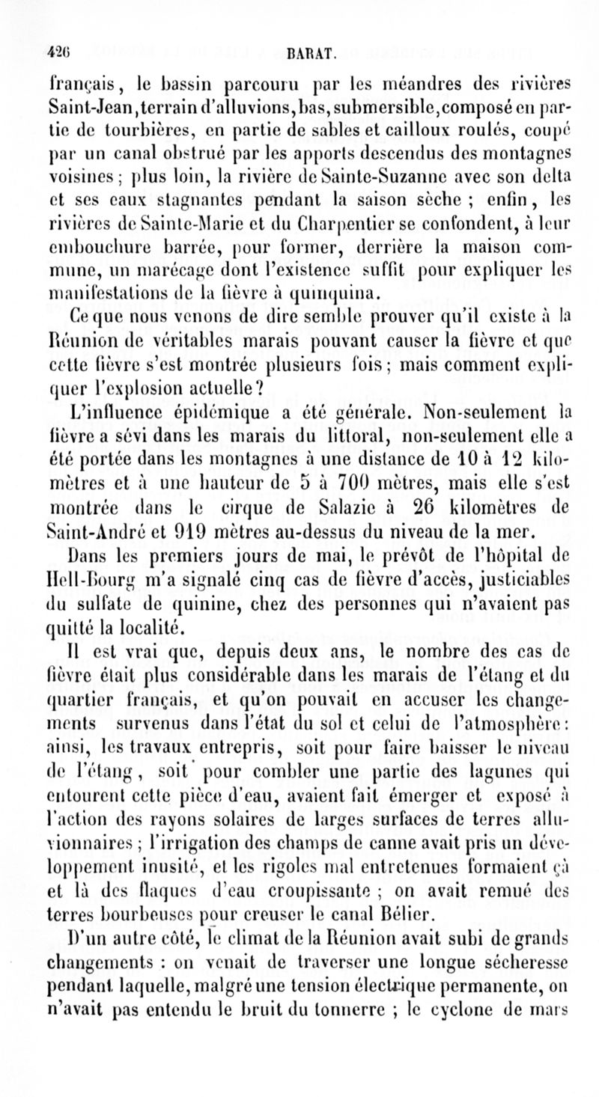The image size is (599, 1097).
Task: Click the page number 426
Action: click(55, 53)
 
